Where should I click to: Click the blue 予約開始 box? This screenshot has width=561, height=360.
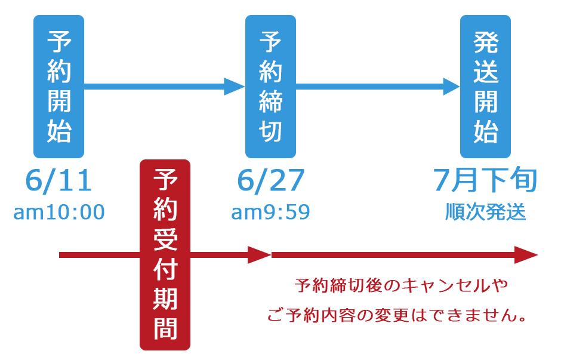tap(58, 86)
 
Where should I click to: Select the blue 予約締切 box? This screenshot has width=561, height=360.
tap(270, 86)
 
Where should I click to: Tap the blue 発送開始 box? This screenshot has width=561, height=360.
tap(486, 86)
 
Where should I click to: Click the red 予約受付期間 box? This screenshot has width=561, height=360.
tap(165, 255)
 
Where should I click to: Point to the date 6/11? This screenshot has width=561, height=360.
tap(58, 180)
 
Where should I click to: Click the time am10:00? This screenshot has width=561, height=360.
tap(59, 212)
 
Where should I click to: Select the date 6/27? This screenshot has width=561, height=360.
tap(271, 180)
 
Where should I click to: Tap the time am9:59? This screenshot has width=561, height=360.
tap(270, 212)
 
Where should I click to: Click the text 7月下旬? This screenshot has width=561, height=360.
tap(486, 180)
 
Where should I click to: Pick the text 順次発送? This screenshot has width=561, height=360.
tap(486, 212)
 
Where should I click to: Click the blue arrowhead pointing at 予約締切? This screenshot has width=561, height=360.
tap(235, 87)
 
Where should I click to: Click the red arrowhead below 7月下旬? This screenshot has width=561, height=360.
tap(526, 255)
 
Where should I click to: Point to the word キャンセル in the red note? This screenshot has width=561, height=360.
tap(446, 285)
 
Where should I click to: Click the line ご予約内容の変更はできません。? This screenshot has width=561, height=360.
tap(396, 315)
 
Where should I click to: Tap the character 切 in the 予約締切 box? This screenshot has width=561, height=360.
tap(270, 131)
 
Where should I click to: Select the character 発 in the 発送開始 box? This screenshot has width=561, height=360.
tap(486, 42)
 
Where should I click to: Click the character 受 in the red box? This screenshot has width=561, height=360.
tap(165, 239)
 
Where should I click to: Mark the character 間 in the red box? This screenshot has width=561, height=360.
tap(165, 328)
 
